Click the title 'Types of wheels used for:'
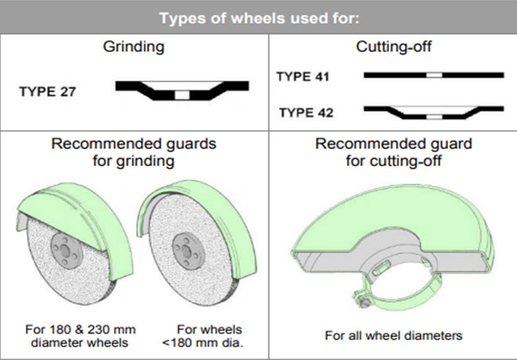(x=258, y=16)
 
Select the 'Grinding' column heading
(x=134, y=47)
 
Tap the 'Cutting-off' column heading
(x=392, y=47)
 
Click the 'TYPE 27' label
(x=48, y=90)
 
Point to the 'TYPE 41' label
(x=305, y=77)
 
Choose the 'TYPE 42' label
(x=305, y=113)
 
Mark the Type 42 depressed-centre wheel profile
(x=433, y=111)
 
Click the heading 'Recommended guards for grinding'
(x=134, y=153)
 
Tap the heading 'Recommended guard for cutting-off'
(x=392, y=153)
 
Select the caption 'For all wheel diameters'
(x=393, y=336)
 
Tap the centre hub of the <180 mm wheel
(x=184, y=250)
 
